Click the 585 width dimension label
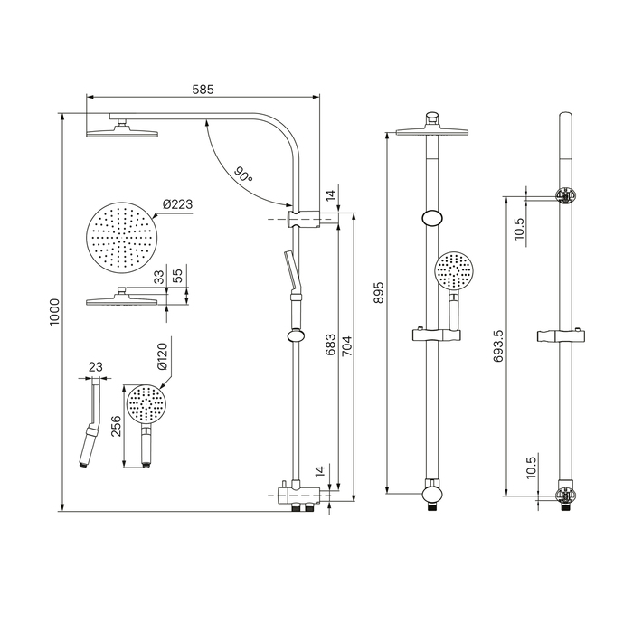click(203, 90)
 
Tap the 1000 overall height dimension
click(54, 312)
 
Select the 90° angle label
click(243, 175)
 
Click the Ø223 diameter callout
click(177, 204)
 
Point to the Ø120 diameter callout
click(162, 356)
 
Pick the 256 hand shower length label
click(117, 426)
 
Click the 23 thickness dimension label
click(95, 367)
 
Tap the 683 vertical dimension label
click(330, 345)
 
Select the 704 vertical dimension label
click(346, 346)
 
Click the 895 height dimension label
click(379, 293)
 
